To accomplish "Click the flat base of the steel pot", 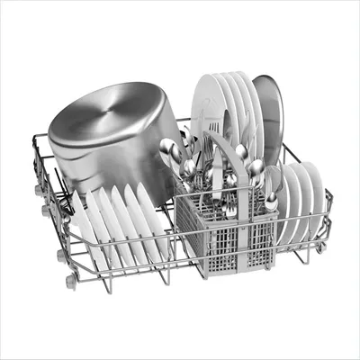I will (130, 112).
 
